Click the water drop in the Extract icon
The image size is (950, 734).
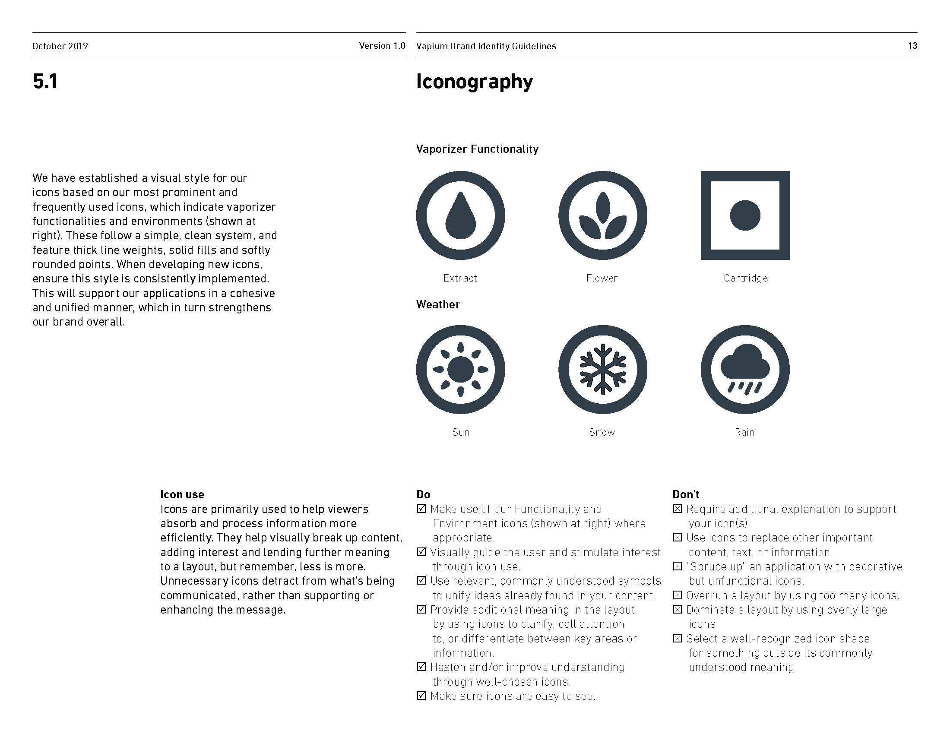click(460, 218)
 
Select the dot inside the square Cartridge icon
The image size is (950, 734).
click(745, 215)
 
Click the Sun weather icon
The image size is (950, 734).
click(460, 370)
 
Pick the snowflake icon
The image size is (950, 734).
click(602, 370)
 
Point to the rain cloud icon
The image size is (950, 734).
click(745, 370)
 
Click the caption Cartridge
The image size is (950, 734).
click(746, 278)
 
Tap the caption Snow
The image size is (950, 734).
click(602, 432)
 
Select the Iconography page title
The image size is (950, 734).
click(474, 82)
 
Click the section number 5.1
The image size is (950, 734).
click(45, 82)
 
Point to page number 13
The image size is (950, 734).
click(912, 46)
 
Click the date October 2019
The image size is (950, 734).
click(60, 46)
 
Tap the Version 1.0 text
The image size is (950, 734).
click(382, 46)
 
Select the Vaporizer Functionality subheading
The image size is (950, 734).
click(477, 149)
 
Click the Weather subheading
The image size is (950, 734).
click(437, 304)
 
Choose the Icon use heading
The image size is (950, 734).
click(182, 494)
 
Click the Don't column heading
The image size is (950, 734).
click(686, 494)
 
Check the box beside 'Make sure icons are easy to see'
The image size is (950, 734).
click(421, 696)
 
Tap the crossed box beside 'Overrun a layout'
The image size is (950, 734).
click(677, 595)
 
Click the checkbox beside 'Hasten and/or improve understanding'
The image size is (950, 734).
click(421, 667)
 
